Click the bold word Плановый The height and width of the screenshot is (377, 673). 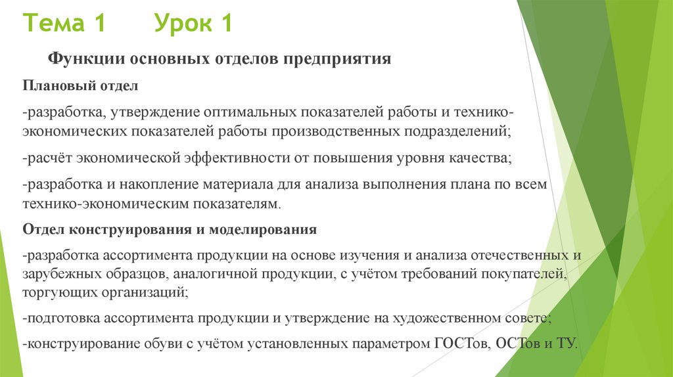[54, 86]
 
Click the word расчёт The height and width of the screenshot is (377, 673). [49, 160]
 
